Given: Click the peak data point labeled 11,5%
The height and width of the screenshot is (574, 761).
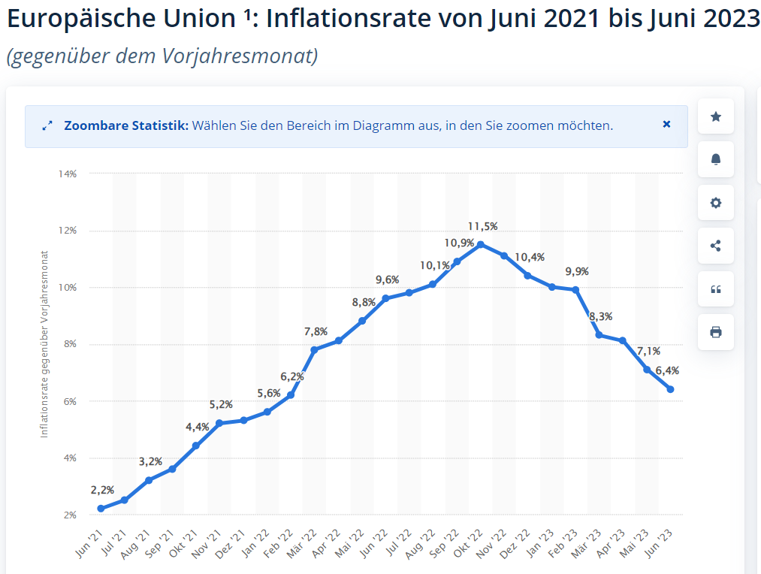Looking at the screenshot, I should [x=481, y=244].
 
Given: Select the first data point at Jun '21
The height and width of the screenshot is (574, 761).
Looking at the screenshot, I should [x=101, y=509].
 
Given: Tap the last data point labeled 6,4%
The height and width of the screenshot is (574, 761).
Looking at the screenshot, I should [x=670, y=389].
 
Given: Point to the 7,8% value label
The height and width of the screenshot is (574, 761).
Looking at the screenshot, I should [x=315, y=331].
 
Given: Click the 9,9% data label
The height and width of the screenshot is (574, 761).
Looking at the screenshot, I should [x=577, y=271].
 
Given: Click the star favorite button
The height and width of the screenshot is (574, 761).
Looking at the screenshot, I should [x=715, y=116].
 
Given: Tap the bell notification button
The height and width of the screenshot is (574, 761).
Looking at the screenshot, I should [x=715, y=159].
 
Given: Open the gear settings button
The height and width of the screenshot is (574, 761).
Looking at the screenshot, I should [x=715, y=203].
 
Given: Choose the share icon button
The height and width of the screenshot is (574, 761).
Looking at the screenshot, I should [x=715, y=246].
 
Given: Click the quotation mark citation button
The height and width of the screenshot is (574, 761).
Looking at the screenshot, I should [x=715, y=289].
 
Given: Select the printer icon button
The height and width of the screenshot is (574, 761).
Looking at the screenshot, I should [x=715, y=332].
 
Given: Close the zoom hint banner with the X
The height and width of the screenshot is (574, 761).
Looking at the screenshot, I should [x=666, y=125].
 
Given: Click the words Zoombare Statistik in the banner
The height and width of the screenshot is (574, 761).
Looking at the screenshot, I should [x=125, y=125].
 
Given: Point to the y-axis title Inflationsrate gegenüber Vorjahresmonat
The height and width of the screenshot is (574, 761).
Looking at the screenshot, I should [x=44, y=344].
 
